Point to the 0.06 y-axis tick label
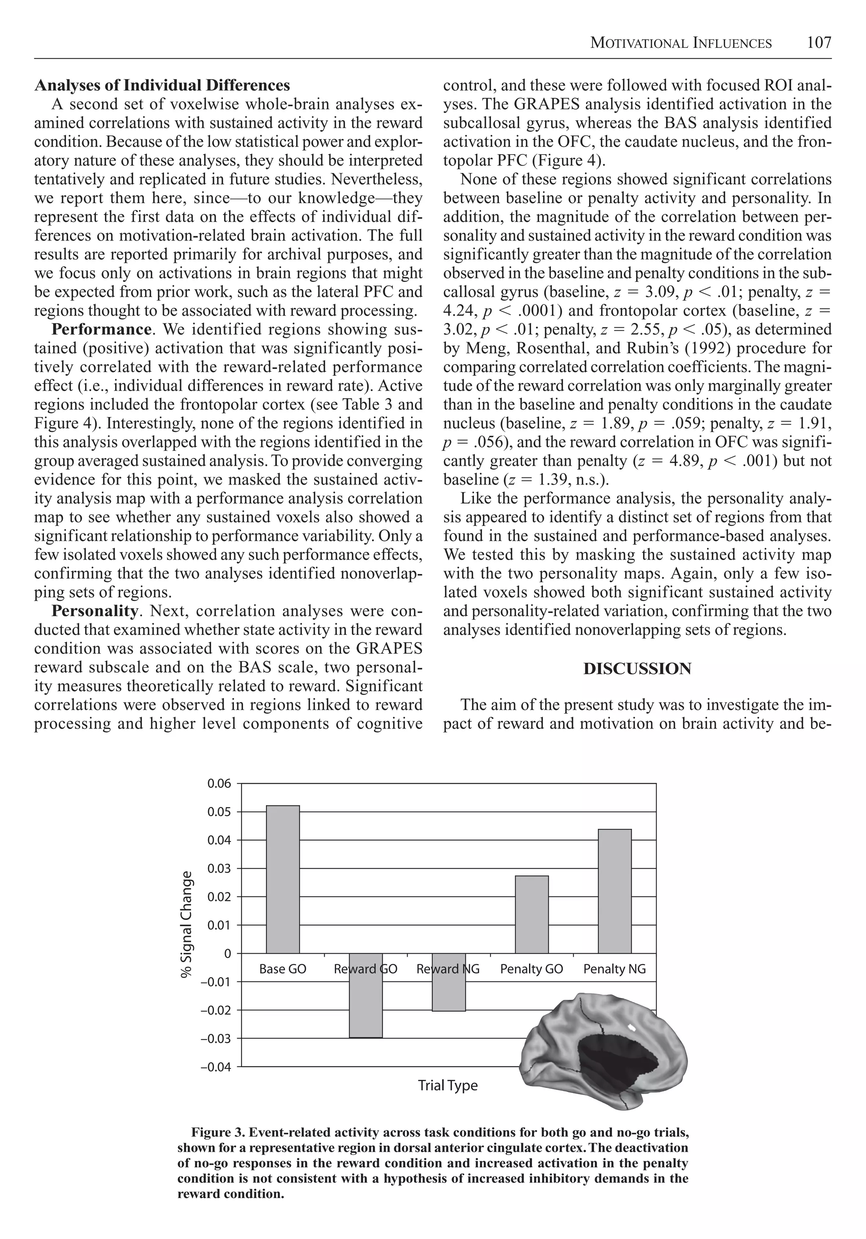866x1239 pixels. click(x=219, y=784)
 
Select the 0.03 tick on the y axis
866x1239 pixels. click(x=219, y=869)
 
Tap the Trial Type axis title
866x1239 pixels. click(x=447, y=1085)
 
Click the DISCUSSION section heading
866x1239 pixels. click(x=637, y=669)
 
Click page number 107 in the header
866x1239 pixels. click(x=819, y=43)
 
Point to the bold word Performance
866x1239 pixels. click(x=101, y=330)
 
